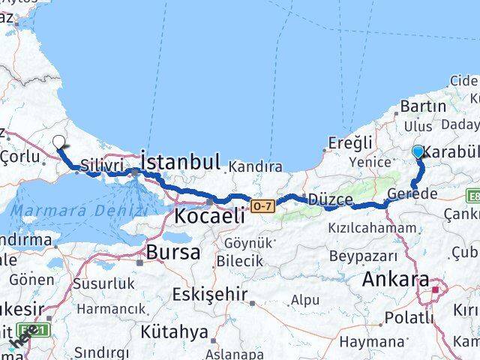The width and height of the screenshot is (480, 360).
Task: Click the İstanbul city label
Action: (181, 161)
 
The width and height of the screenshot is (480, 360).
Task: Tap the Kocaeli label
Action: (210, 216)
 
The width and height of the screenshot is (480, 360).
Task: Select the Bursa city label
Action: (173, 252)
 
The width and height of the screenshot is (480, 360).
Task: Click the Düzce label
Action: (331, 200)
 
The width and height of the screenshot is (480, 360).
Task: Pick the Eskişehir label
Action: (209, 294)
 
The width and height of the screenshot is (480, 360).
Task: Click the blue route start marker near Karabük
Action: (418, 151)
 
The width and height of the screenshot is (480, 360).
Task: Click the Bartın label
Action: (424, 106)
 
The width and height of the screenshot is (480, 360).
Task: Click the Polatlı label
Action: (409, 317)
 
